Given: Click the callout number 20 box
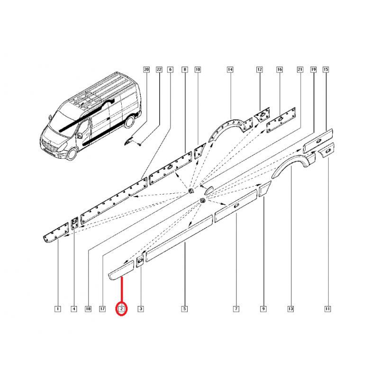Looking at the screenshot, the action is [146, 70].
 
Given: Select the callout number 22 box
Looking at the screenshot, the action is [159, 70].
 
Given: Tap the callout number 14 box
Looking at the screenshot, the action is [230, 70].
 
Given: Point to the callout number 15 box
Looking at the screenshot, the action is [326, 70].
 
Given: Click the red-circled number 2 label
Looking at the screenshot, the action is [122, 309].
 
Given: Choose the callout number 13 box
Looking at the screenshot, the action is [290, 309].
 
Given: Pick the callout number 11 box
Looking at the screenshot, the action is [327, 309].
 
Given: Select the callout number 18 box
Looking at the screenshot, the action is [88, 309].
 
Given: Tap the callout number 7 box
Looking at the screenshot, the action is [236, 309].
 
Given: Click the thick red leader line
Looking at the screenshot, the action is [122, 289].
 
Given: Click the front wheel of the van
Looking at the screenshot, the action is [72, 153].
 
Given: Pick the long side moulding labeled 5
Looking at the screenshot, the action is [180, 238].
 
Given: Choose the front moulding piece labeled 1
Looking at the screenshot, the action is [56, 233].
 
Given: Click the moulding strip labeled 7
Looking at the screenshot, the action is [236, 206].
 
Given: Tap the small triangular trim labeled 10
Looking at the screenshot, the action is [199, 151].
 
